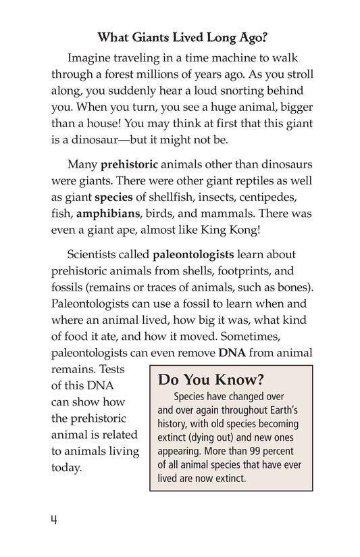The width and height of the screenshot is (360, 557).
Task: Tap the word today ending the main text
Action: (x=66, y=468)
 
